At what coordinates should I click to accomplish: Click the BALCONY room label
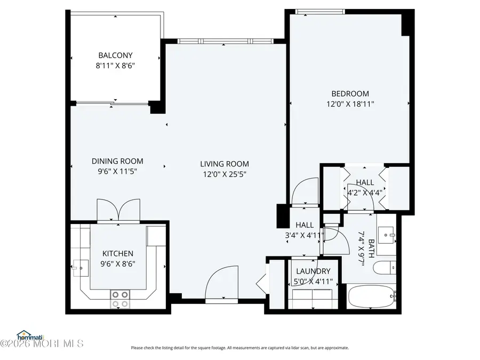[x=115, y=55]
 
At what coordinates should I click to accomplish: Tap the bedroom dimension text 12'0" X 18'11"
[x=350, y=105]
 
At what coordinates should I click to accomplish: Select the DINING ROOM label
[x=117, y=161]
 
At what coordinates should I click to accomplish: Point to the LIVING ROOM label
[x=225, y=164]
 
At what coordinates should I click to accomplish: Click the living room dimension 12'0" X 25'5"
[x=225, y=174]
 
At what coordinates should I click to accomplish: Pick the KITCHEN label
[x=118, y=253]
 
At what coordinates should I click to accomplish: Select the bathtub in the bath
[x=371, y=297]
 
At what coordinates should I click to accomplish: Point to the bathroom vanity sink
[x=386, y=233]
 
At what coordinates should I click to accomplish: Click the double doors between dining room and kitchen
[x=118, y=210]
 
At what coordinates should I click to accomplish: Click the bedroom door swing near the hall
[x=305, y=191]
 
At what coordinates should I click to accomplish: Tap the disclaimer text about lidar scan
[x=240, y=348]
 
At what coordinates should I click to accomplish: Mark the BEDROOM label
[x=350, y=94]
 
